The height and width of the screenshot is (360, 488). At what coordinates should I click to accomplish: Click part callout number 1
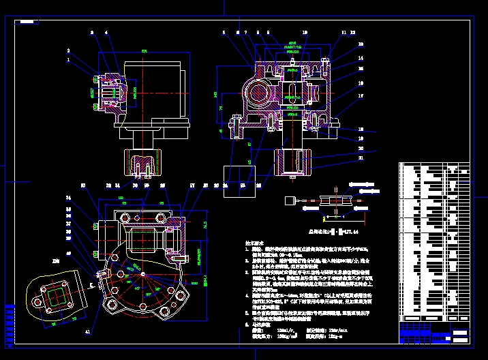(68, 60)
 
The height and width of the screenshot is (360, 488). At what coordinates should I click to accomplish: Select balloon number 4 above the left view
(106, 32)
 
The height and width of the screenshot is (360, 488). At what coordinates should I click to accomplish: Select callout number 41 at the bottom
(87, 331)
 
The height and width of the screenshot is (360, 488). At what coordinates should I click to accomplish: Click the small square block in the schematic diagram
(289, 200)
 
